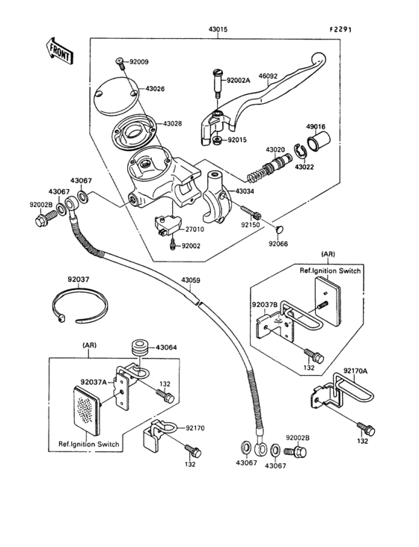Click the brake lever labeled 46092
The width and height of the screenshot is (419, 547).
click(277, 101)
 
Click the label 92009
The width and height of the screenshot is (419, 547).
click(139, 61)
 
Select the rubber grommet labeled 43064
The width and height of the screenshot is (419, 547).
click(166, 347)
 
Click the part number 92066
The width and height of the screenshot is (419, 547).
click(278, 244)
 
